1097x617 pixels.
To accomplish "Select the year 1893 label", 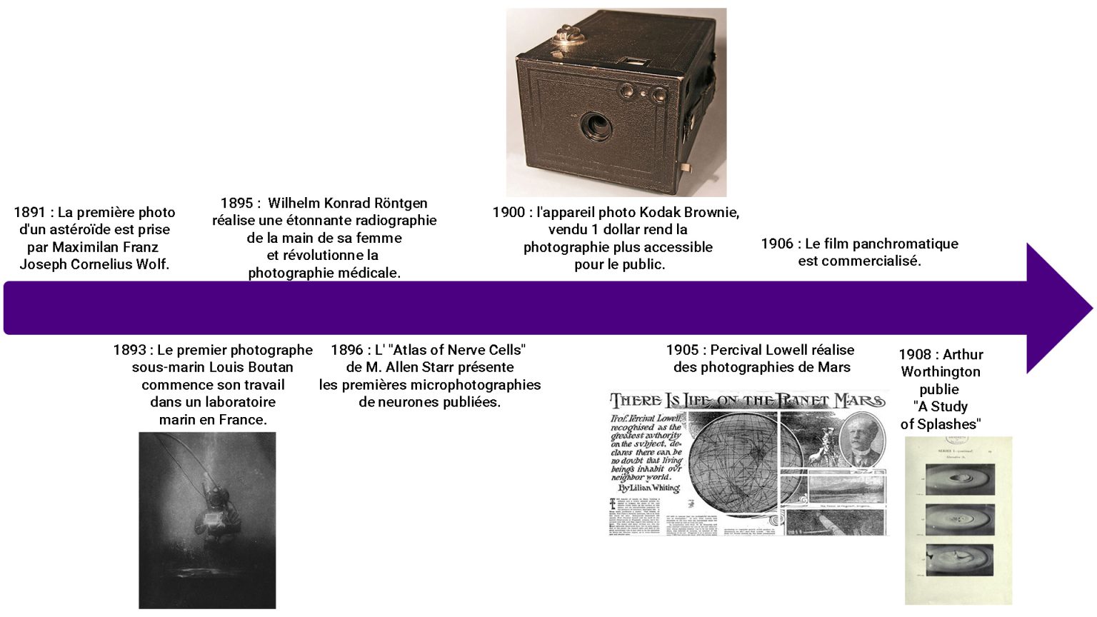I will pyautogui.click(x=129, y=350).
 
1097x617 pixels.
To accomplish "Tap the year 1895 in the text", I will pyautogui.click(x=236, y=204).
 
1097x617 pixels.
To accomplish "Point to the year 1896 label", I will pyautogui.click(x=347, y=350).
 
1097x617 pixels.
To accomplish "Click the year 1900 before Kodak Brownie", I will pyautogui.click(x=509, y=212).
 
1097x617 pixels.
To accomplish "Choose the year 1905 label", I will pyautogui.click(x=682, y=350).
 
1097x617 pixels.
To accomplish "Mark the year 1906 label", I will pyautogui.click(x=777, y=244).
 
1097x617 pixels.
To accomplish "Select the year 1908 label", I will pyautogui.click(x=915, y=355).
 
